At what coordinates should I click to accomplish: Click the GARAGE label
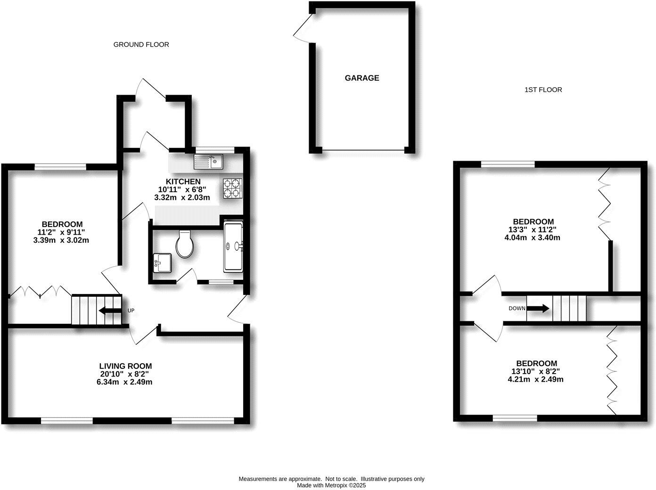(361, 78)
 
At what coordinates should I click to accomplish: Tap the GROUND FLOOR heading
(141, 45)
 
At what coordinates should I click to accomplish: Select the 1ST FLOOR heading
(543, 90)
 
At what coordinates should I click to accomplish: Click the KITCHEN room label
(183, 181)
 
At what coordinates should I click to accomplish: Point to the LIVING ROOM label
(125, 366)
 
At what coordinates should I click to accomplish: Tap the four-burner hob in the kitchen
(232, 188)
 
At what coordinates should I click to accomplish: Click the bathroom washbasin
(162, 262)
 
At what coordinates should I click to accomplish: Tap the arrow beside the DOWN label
(538, 309)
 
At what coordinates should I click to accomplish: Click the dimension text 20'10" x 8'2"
(125, 374)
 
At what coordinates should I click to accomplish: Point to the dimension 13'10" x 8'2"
(536, 371)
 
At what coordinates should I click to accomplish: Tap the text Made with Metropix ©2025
(331, 485)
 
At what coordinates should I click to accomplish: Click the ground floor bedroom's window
(60, 166)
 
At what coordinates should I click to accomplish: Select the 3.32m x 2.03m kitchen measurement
(182, 197)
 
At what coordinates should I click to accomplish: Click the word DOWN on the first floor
(517, 309)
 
